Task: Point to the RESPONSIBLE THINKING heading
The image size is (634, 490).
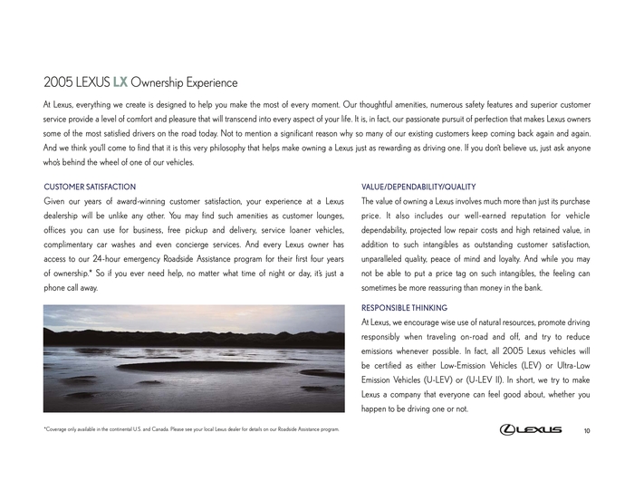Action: [404, 308]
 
